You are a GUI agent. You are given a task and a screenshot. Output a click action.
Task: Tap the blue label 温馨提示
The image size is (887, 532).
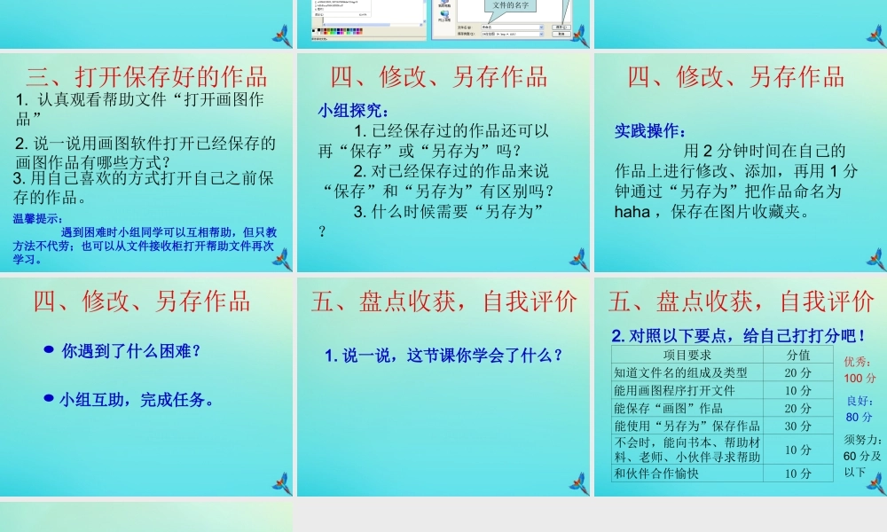pos(38,219)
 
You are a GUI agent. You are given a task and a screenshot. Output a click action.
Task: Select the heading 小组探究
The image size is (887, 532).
pos(353,111)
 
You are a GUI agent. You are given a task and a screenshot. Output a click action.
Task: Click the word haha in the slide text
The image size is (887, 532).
pos(632,211)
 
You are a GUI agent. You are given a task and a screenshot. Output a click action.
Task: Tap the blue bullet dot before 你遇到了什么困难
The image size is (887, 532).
pos(49,350)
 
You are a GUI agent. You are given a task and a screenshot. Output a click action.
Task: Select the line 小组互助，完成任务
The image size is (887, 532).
pos(137,400)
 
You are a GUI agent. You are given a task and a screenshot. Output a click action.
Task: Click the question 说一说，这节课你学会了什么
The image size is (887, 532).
pos(443,356)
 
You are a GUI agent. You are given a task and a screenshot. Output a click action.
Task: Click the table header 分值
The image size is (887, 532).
pos(798,355)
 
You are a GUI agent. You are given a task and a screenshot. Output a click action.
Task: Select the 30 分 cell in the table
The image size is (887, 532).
pos(798,426)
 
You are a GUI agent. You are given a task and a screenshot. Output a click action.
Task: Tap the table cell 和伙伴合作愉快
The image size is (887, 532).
pos(656,473)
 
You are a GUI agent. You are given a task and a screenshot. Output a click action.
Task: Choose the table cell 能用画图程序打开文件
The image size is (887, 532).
pos(674,390)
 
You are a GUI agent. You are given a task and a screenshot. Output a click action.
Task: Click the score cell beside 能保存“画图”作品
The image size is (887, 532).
pos(798,408)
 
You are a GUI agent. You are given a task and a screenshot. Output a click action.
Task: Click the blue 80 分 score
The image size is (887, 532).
pos(859,417)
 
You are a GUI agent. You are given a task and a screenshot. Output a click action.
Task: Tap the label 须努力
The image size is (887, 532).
pos(862,440)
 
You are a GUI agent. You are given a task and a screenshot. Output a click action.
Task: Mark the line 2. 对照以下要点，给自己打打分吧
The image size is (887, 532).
pos(739,336)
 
